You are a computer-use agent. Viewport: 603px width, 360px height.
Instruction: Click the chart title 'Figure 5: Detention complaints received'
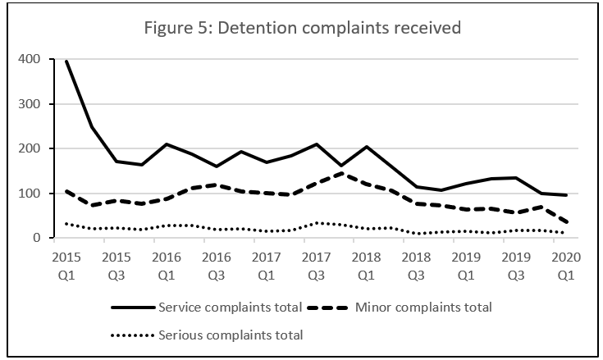click(301, 28)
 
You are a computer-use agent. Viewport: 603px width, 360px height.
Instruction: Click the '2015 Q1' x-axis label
click(66, 263)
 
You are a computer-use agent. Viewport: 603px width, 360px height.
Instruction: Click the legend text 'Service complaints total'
click(232, 308)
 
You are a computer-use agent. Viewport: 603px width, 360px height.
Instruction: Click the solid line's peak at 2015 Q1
click(66, 62)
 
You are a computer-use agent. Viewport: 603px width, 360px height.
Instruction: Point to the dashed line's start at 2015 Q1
click(66, 191)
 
